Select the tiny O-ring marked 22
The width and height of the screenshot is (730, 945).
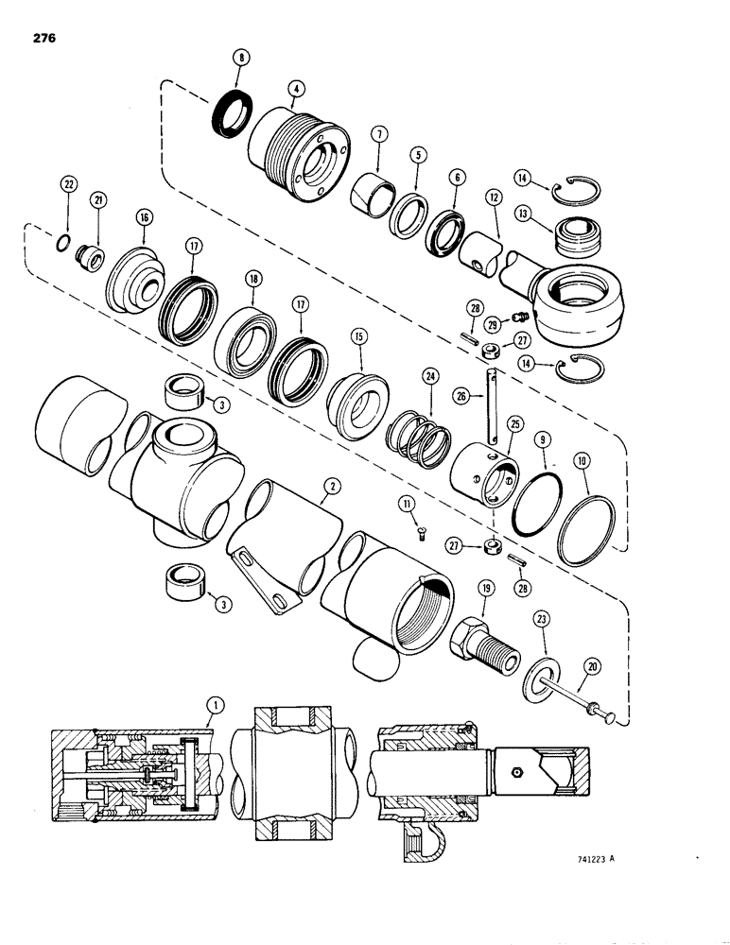point(60,245)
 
